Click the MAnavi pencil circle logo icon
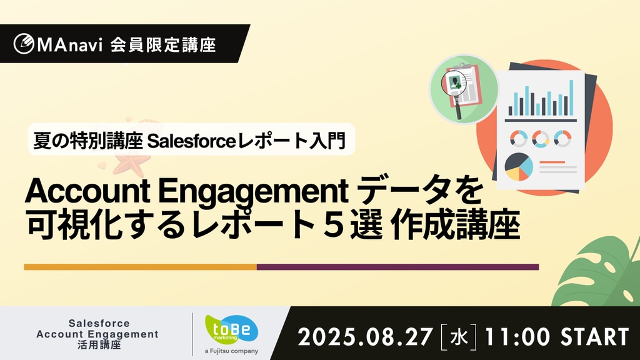(24, 44)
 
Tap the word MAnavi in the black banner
(70, 45)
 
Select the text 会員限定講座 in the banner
(163, 44)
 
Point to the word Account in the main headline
(87, 191)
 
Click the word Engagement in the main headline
(253, 192)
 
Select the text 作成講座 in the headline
(455, 225)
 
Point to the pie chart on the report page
(519, 166)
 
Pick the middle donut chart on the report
(541, 139)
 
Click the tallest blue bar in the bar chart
(571, 98)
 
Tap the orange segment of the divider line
(141, 267)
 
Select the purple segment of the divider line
(398, 267)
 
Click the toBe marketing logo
(231, 329)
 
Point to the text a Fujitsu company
(231, 351)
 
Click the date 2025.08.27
(365, 337)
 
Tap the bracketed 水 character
(458, 337)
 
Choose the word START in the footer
(595, 337)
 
